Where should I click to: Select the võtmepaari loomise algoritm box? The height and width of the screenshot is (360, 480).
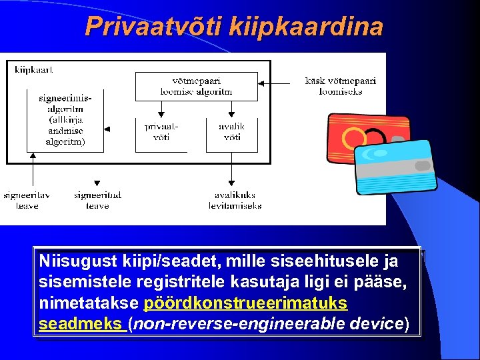click(197, 86)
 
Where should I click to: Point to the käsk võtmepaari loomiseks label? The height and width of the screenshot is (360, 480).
click(340, 86)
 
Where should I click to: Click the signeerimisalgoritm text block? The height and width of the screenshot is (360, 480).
click(65, 119)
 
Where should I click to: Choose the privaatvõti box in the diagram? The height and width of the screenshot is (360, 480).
click(161, 131)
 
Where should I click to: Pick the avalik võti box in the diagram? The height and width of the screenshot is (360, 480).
click(231, 131)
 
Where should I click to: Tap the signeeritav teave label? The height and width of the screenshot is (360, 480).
click(21, 200)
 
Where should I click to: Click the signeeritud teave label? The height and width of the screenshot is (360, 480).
click(97, 200)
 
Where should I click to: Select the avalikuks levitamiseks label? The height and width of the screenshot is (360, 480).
click(235, 200)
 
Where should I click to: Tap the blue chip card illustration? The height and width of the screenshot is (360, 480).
click(395, 165)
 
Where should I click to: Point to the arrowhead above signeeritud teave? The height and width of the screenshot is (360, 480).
click(97, 183)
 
